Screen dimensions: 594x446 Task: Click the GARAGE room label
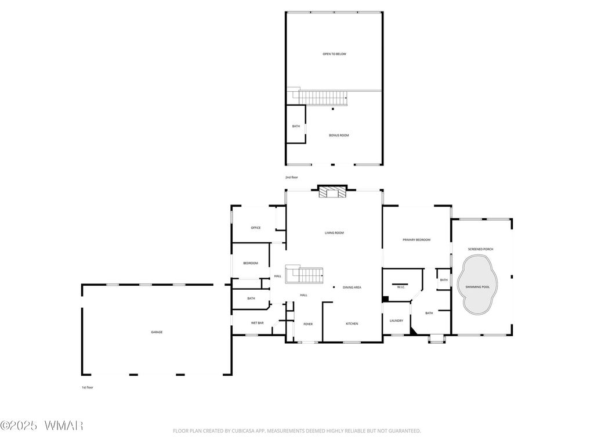157,332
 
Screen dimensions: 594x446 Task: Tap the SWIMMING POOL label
477,287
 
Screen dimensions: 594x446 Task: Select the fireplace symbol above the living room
332,192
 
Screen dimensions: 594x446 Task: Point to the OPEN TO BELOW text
334,54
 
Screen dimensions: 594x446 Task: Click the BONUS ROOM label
339,135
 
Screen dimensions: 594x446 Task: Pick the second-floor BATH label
296,126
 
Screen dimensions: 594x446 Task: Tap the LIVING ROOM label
334,233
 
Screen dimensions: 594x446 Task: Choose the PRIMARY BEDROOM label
416,240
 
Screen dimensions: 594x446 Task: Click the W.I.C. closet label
401,287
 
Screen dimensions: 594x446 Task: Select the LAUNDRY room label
396,321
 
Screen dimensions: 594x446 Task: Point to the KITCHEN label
352,324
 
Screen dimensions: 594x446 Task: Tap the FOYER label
308,324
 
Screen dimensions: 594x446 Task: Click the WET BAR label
257,323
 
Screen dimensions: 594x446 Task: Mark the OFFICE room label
256,228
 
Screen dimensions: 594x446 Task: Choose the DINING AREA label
352,287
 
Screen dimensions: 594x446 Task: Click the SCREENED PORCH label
480,249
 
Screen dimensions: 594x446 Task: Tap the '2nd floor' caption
292,178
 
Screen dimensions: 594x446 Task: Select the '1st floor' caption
87,387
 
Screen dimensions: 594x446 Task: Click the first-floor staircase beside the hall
304,275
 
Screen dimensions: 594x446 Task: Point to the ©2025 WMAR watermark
41,426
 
